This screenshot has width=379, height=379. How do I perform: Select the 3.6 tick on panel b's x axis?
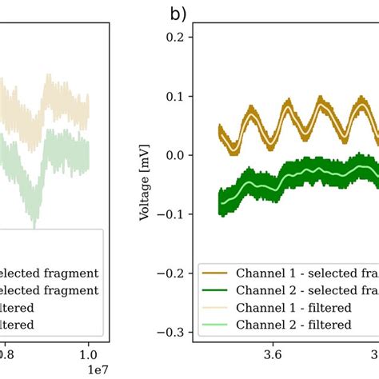click(x=272, y=353)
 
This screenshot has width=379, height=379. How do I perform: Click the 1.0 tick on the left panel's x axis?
click(x=88, y=353)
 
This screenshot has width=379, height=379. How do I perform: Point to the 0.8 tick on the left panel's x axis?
click(x=5, y=353)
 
